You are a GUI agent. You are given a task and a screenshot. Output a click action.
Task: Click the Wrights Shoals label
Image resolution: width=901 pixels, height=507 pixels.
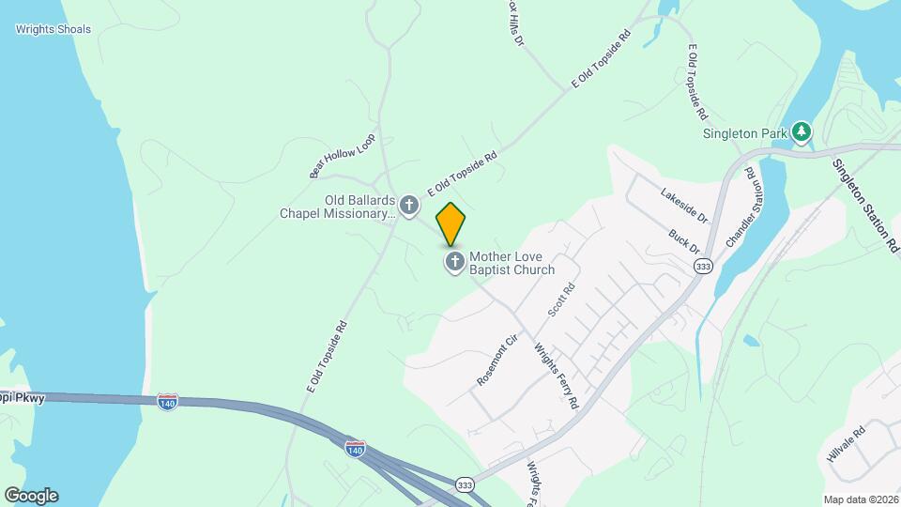[x=53, y=29]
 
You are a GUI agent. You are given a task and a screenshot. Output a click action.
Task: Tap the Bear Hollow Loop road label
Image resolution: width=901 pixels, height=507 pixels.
[x=342, y=155]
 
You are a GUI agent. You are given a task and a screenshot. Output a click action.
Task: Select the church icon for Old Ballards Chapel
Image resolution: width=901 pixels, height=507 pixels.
[x=409, y=205]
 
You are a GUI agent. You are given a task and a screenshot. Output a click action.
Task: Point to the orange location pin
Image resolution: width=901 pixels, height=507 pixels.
[x=450, y=223]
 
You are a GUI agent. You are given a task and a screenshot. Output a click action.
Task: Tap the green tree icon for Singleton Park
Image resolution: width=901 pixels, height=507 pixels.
[x=801, y=131]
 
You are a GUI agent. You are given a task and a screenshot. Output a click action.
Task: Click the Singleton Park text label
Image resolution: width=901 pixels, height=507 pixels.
[x=744, y=133]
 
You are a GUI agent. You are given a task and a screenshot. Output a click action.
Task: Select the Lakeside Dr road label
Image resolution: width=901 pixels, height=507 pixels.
[x=683, y=206]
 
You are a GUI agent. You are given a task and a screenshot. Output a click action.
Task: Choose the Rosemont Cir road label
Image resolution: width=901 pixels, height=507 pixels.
[x=497, y=360]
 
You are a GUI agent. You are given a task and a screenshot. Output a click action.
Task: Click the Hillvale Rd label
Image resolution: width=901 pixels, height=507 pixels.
[x=846, y=440]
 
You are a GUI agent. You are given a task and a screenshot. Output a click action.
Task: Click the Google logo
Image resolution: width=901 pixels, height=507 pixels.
[x=31, y=496]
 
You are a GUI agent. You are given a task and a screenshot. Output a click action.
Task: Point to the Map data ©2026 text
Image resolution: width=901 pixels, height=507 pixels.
[x=860, y=499]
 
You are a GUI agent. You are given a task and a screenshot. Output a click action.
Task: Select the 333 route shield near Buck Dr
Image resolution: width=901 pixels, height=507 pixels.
[x=703, y=268]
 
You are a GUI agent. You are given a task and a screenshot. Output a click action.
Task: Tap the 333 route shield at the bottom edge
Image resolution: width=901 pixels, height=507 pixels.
[x=464, y=484]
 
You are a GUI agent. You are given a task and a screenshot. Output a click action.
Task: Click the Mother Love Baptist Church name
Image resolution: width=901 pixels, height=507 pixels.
[x=512, y=262]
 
